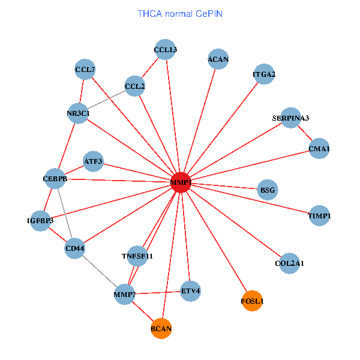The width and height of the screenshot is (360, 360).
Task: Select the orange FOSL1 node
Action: (x=252, y=301)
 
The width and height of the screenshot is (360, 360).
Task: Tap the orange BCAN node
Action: (x=161, y=328)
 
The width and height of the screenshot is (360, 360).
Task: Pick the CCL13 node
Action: (x=166, y=50)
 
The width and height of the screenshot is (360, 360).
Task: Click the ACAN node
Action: (x=218, y=59)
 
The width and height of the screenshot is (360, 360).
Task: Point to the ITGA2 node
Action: (x=264, y=75)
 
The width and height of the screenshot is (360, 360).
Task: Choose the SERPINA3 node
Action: (x=290, y=118)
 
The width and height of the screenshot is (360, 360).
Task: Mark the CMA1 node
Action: (x=319, y=148)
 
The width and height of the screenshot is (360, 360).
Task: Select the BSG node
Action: (x=268, y=190)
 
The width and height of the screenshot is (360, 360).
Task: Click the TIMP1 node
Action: (x=319, y=215)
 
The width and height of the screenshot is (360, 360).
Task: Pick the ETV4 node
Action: (x=190, y=292)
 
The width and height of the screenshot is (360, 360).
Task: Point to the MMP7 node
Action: (x=124, y=294)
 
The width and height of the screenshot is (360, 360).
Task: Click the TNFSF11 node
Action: (x=137, y=256)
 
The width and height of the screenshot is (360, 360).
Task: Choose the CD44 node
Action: (x=75, y=248)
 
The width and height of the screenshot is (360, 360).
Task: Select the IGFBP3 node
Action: (x=40, y=221)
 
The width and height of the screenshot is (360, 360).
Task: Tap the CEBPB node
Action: (x=55, y=179)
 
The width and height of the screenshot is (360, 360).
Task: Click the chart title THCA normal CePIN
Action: (x=180, y=13)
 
